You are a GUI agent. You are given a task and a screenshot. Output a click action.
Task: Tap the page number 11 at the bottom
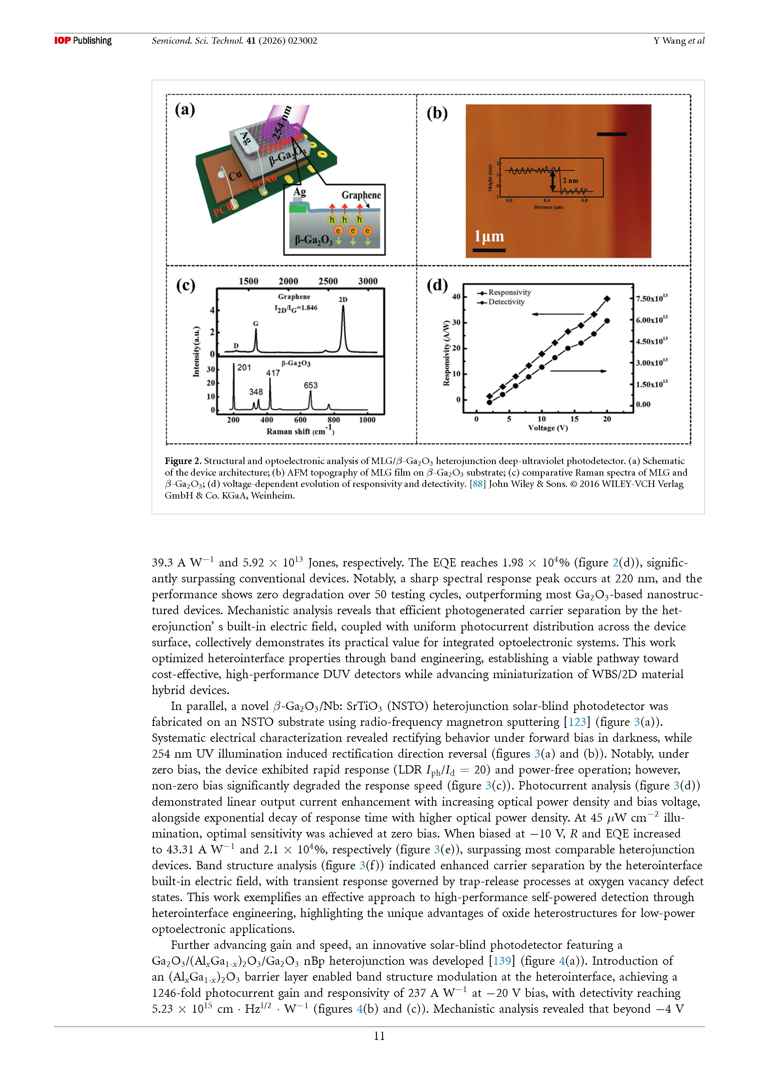pyautogui.click(x=379, y=1036)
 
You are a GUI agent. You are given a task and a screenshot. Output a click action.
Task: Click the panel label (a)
pyautogui.click(x=184, y=110)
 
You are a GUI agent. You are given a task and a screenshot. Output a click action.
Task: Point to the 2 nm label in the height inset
pyautogui.click(x=570, y=180)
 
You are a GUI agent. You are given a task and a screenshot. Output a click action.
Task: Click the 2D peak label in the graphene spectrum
pyautogui.click(x=343, y=299)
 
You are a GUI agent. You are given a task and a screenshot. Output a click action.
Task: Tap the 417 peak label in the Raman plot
pyautogui.click(x=273, y=373)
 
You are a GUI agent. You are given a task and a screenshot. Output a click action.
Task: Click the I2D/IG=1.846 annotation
pyautogui.click(x=296, y=308)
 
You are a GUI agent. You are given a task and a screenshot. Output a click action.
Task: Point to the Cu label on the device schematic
pyautogui.click(x=235, y=175)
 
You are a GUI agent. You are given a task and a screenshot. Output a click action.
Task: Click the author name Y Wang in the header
pyautogui.click(x=669, y=41)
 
